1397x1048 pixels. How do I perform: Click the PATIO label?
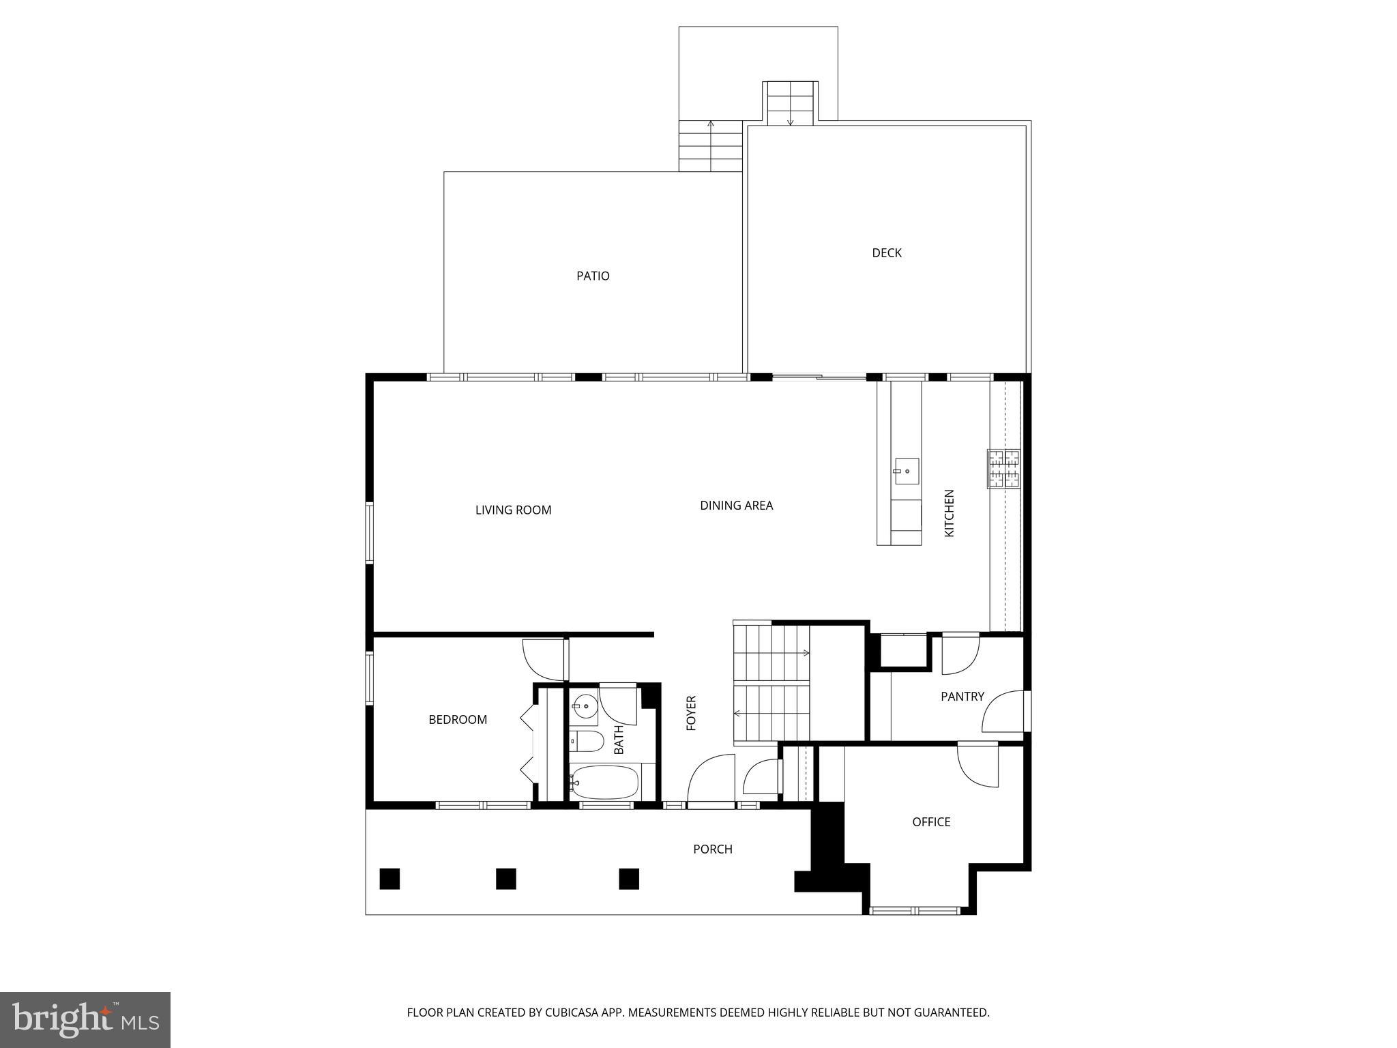click(593, 276)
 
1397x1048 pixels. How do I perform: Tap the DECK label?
click(886, 253)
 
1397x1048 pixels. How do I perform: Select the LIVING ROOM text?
click(513, 510)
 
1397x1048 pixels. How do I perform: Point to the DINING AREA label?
click(736, 506)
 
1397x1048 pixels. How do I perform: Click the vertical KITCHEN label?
click(949, 513)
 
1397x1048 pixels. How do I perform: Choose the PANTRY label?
click(962, 697)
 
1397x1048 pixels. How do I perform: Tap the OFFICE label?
click(931, 822)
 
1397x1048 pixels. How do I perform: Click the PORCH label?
click(712, 849)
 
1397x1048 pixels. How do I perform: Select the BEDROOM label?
click(457, 720)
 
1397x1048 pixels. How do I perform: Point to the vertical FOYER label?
click(691, 713)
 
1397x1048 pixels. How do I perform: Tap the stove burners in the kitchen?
click(1003, 469)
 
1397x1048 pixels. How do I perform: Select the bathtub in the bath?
click(604, 783)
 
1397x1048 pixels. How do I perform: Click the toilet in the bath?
click(587, 741)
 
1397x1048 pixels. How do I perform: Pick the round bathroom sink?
click(585, 706)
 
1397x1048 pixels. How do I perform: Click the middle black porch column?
click(505, 878)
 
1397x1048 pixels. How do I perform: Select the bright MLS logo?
click(85, 1019)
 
